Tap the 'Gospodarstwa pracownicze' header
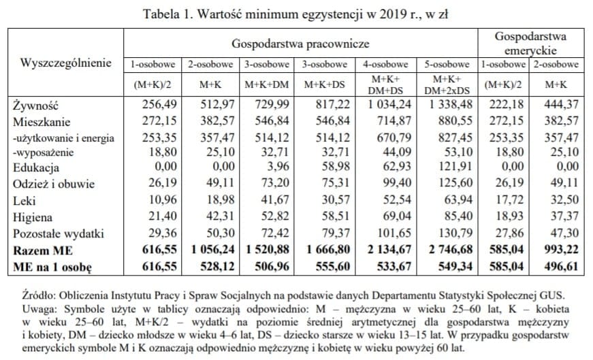tap(300, 44)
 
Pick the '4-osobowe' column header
tap(385, 65)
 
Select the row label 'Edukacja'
tap(37, 167)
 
